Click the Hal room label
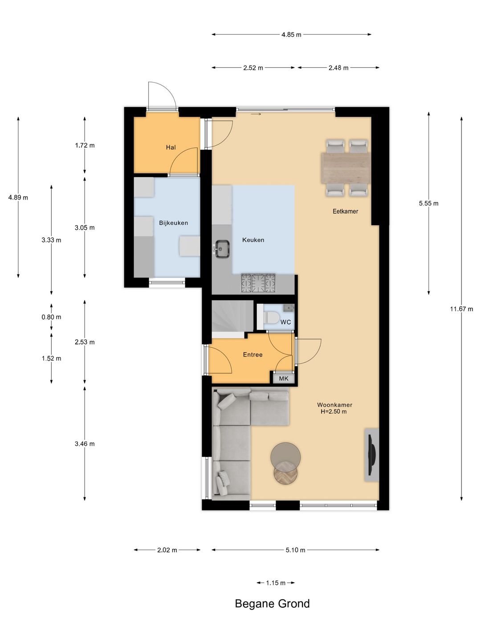171,148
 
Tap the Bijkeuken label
174,223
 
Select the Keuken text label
253,240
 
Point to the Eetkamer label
345,211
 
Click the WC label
285,322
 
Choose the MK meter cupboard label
284,379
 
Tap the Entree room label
253,354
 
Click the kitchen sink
222,249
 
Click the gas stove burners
258,283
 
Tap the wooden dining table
346,168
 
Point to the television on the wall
371,455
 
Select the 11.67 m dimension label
461,309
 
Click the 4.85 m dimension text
291,34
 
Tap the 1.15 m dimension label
275,583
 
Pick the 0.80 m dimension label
51,317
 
